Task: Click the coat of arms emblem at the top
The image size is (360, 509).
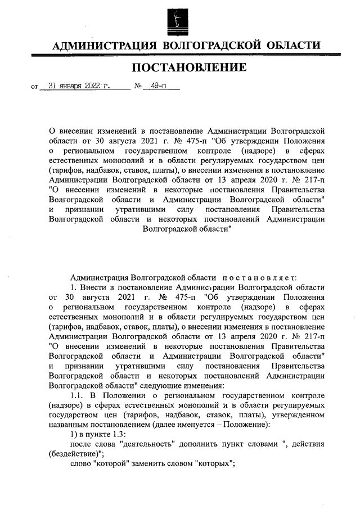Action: [180, 20]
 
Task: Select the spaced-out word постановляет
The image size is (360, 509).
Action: [256, 277]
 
